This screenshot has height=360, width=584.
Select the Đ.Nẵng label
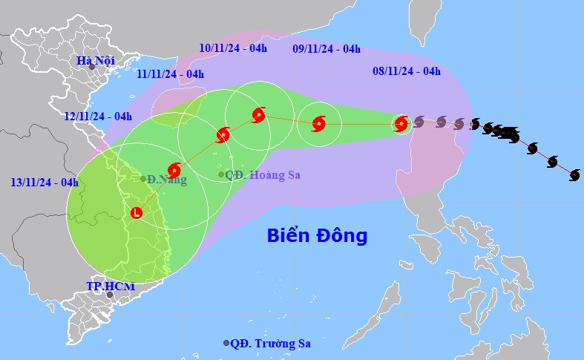click(x=167, y=180)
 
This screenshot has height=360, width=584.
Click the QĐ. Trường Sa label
click(x=270, y=343)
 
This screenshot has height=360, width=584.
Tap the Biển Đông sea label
click(x=318, y=236)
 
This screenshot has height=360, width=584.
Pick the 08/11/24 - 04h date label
click(x=407, y=71)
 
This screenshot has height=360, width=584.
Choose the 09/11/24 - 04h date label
click(x=327, y=49)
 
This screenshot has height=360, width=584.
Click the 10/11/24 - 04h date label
click(x=233, y=48)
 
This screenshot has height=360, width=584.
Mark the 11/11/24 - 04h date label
click(x=170, y=73)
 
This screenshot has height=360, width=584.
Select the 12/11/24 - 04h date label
click(x=98, y=116)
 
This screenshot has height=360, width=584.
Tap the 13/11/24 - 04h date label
click(x=45, y=182)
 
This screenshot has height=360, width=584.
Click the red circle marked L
click(x=137, y=213)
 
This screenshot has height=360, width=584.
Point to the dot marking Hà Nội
click(x=92, y=67)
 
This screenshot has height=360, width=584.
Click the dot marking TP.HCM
click(x=110, y=295)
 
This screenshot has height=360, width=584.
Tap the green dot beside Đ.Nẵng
click(x=143, y=179)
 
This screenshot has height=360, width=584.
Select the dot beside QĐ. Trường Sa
click(x=226, y=343)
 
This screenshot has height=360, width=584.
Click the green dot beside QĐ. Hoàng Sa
click(x=220, y=174)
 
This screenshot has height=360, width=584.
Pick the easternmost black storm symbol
click(x=574, y=174)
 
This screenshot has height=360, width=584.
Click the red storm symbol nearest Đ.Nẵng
click(x=174, y=169)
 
